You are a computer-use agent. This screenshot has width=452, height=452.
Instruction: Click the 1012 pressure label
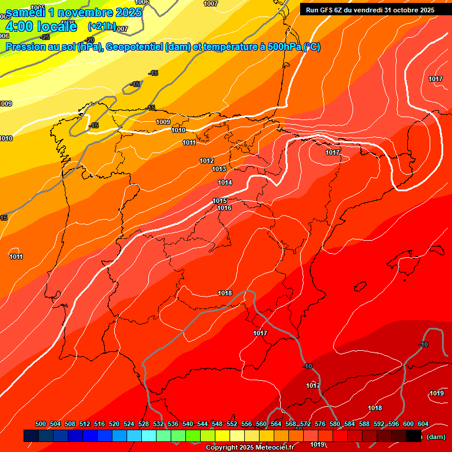[x=207, y=161]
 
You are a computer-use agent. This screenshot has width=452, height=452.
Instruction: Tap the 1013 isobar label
[x=219, y=169]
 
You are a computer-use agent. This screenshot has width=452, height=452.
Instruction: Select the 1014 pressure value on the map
[x=225, y=183]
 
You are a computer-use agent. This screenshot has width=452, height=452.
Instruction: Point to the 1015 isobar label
[x=220, y=201]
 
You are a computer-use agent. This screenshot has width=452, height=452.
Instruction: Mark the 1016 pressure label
[x=224, y=208]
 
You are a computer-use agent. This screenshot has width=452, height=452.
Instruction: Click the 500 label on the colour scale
[x=41, y=424]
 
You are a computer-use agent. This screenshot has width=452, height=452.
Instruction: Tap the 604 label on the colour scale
[x=423, y=424]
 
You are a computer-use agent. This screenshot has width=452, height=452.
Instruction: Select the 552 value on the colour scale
[x=232, y=424]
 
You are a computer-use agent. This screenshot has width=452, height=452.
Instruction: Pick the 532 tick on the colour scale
[x=158, y=424]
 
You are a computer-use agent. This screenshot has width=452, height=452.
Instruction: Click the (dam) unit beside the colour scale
[x=436, y=437]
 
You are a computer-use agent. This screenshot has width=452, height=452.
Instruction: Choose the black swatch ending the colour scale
[x=414, y=436]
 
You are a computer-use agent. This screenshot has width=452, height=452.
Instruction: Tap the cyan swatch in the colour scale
[x=148, y=436]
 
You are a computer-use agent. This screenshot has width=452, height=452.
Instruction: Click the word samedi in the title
[x=27, y=12]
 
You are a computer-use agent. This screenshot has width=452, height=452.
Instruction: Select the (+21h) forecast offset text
[x=102, y=26]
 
